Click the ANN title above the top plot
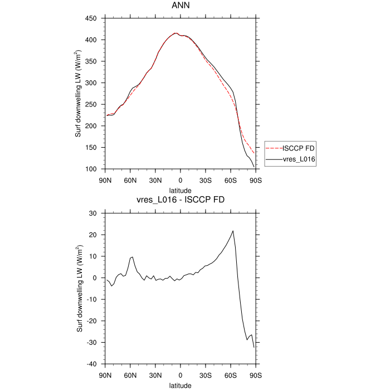(x=180, y=7)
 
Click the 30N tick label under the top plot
(x=155, y=181)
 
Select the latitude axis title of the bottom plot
(x=180, y=385)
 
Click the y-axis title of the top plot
(x=79, y=94)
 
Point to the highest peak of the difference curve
(x=233, y=231)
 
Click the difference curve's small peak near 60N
(x=133, y=257)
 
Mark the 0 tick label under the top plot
(x=180, y=181)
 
